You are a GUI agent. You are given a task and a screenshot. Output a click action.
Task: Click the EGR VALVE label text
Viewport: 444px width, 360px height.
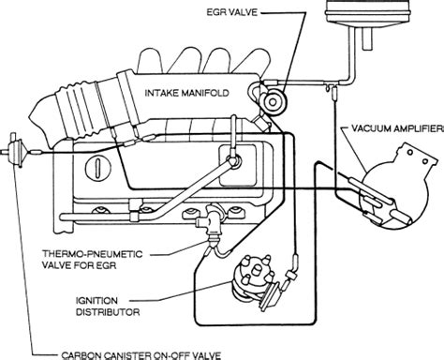click(232, 12)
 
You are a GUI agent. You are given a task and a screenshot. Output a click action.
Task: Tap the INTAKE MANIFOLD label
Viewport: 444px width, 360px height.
click(187, 93)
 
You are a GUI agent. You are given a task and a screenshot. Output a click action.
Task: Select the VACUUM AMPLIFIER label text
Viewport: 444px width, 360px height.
click(397, 128)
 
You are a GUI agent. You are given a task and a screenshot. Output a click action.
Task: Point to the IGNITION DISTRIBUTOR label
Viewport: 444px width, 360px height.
click(108, 307)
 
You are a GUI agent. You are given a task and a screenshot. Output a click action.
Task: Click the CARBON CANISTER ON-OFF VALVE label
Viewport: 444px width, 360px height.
click(141, 355)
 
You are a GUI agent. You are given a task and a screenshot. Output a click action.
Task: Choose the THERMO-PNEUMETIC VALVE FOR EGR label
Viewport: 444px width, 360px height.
click(93, 260)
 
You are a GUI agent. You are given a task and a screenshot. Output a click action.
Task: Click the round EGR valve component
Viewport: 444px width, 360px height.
click(273, 101)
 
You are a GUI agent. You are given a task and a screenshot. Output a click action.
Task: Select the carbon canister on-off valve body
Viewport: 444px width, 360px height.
click(14, 151)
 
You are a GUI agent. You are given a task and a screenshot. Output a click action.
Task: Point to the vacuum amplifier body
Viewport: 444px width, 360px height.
click(395, 187)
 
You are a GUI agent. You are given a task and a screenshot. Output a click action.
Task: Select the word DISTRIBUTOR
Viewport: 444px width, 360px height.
click(108, 312)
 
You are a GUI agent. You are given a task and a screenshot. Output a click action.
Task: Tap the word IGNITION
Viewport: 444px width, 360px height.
click(96, 301)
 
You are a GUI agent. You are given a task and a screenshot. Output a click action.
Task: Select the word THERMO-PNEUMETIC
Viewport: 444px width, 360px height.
click(93, 254)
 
